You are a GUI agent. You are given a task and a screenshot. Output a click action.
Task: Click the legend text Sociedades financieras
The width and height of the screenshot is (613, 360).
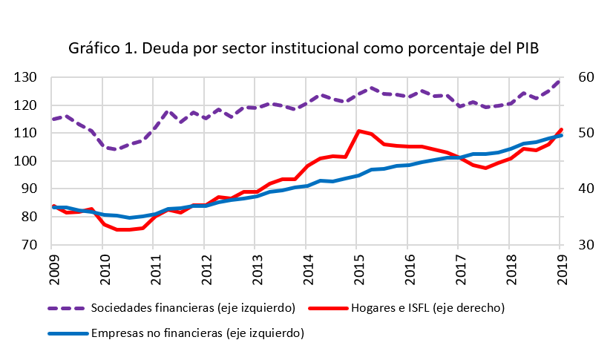click(x=193, y=307)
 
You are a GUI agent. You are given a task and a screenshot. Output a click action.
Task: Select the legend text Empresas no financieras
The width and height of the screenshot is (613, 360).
click(x=197, y=334)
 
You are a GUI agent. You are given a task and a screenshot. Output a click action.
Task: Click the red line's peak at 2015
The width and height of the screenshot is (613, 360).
click(x=358, y=131)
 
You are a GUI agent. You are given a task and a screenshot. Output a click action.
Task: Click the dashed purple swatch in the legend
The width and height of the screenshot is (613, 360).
click(x=66, y=307)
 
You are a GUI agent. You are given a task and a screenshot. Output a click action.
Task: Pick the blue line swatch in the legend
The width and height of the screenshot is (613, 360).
click(x=66, y=334)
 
